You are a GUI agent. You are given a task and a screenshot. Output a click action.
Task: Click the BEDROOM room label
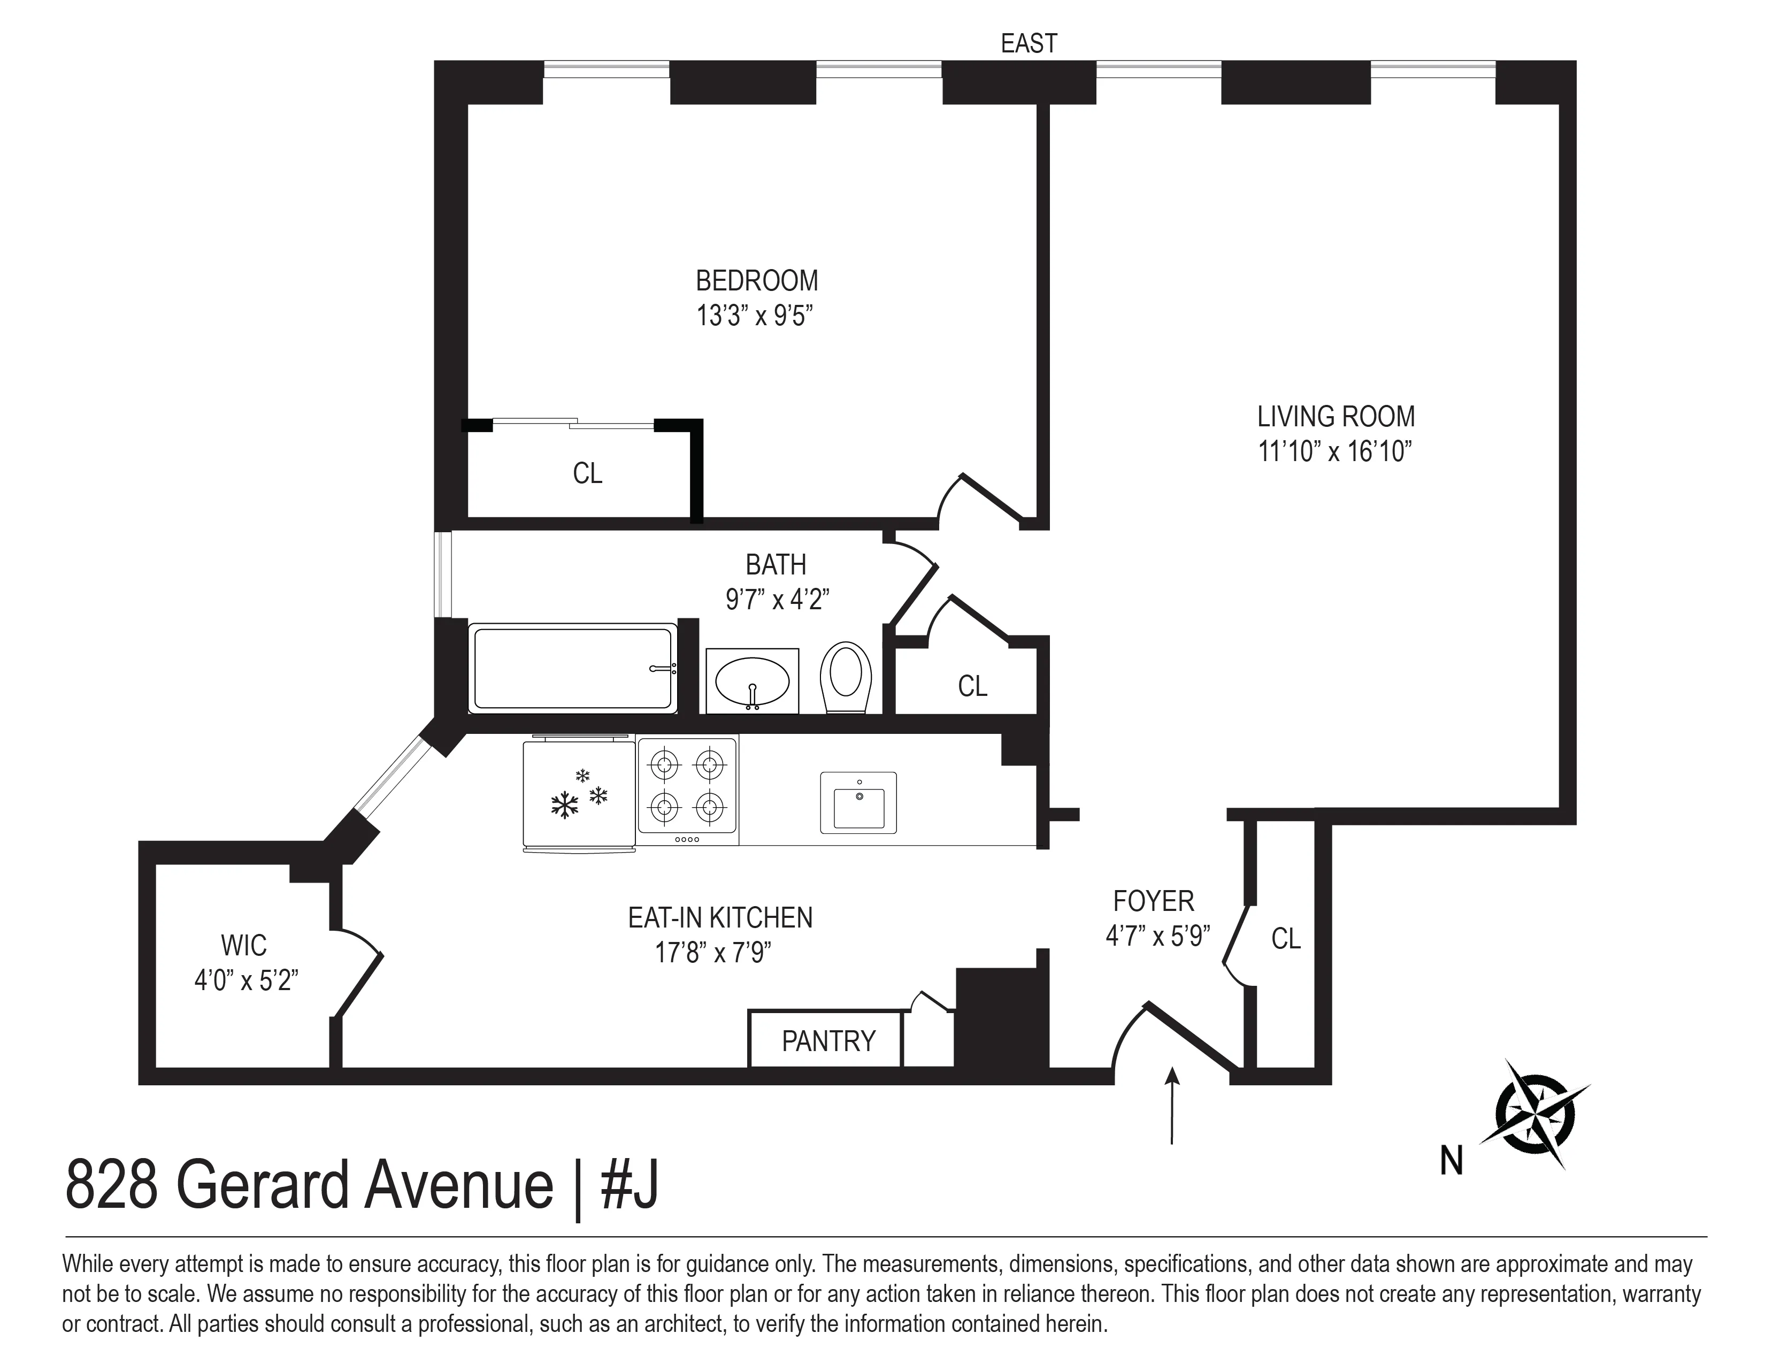point(756,281)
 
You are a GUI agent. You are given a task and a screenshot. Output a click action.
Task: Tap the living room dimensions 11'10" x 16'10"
point(1334,451)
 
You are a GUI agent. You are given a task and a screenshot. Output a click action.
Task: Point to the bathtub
point(572,668)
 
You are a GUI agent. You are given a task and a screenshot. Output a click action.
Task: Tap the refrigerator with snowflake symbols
point(579,794)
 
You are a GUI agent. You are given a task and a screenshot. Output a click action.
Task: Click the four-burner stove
point(687,785)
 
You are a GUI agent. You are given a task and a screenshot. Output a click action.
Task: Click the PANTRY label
point(828,1041)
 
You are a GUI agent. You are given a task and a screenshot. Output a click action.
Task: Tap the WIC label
point(243,945)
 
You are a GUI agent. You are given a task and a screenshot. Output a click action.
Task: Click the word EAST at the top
point(1028,44)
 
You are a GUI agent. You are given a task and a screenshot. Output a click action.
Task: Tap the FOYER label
point(1153,901)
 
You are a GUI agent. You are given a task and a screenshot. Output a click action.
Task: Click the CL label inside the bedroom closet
point(587,473)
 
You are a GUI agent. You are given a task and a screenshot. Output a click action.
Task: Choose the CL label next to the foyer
point(1286,939)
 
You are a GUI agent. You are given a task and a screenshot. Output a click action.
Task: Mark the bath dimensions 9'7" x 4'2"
point(777,600)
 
